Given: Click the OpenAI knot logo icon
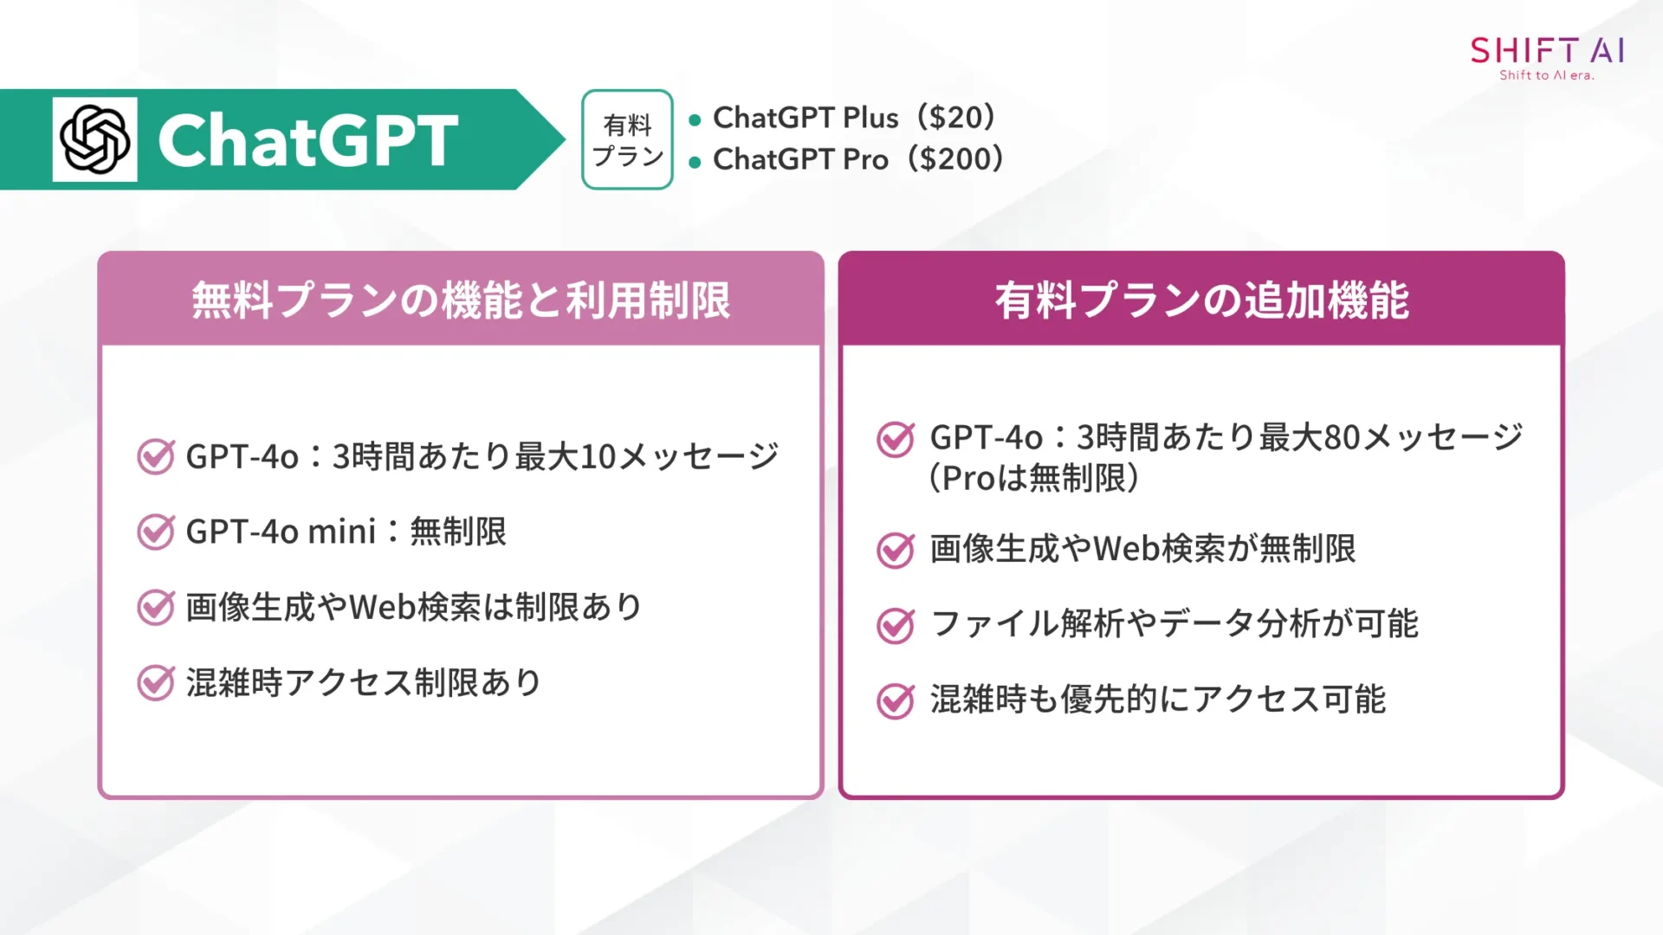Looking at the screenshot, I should coord(94,139).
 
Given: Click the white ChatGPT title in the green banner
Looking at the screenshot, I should coord(307,140).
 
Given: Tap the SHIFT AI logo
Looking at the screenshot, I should coord(1547,51).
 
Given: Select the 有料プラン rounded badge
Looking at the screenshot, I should coord(627,139).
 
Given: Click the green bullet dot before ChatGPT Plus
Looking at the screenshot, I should coord(695,120).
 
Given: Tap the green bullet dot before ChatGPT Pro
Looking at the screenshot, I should coord(695,162).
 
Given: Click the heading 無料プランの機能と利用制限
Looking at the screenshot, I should coord(461,300).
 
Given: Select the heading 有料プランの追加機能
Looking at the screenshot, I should coord(1201,300).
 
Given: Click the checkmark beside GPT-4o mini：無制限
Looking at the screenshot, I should coord(156,532).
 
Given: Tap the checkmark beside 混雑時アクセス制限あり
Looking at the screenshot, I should coord(156,682).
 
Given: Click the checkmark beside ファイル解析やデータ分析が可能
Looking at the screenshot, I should coord(896,624).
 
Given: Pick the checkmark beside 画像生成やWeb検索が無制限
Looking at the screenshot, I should coord(896,549).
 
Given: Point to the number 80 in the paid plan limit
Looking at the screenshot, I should coord(1342,437).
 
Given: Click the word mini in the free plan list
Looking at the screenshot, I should coord(341,532).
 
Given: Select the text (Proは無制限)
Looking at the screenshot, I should coord(1033,478).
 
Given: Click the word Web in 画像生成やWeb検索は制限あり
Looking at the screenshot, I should coord(382,607).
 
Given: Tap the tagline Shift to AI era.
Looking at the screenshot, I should coord(1547,75).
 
